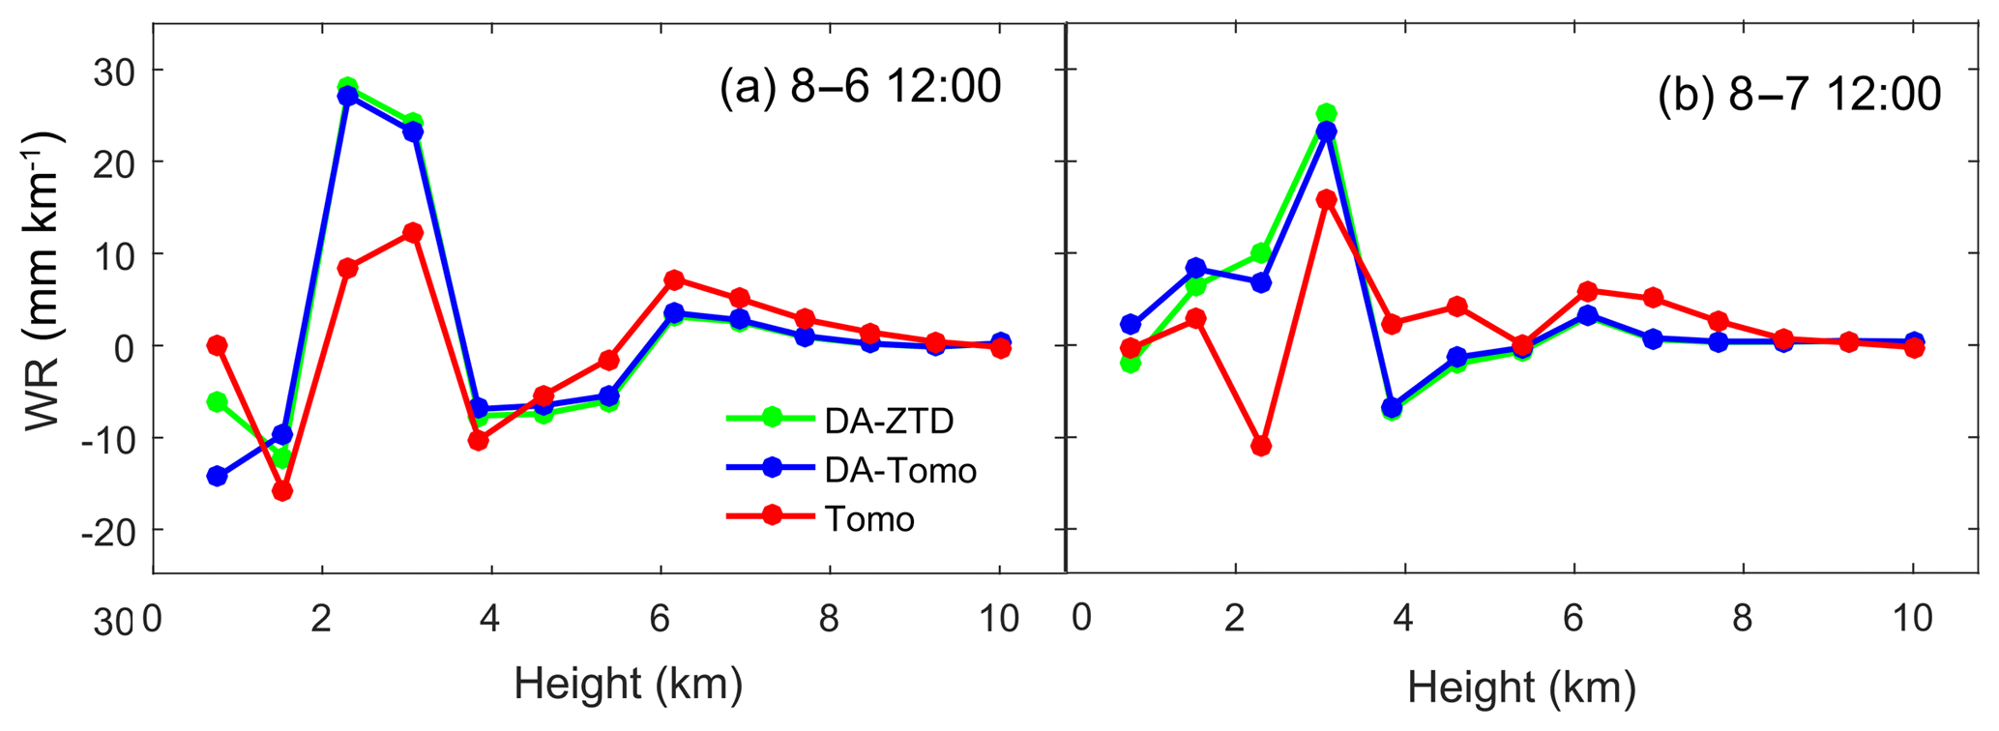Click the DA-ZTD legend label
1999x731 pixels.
(x=889, y=421)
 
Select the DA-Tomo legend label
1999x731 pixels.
(x=900, y=471)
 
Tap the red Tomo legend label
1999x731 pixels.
(x=869, y=519)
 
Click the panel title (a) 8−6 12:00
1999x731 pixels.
(x=860, y=88)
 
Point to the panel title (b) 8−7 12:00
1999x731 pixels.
(x=1799, y=96)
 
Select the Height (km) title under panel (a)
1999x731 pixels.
(x=628, y=684)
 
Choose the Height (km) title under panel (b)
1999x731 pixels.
(x=1521, y=687)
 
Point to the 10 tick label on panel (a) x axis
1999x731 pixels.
(x=998, y=619)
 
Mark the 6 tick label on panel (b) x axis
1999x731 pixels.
(x=1573, y=619)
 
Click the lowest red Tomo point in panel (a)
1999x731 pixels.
(x=282, y=491)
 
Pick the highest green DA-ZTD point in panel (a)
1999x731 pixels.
(x=348, y=88)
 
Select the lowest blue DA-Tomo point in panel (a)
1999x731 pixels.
(x=217, y=476)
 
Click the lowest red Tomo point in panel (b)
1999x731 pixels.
(x=1260, y=446)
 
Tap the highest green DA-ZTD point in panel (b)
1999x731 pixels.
(x=1326, y=113)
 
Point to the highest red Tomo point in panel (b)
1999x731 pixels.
(x=1326, y=199)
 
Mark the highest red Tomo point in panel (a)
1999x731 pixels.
(x=413, y=232)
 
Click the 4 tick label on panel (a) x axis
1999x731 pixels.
(x=490, y=619)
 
